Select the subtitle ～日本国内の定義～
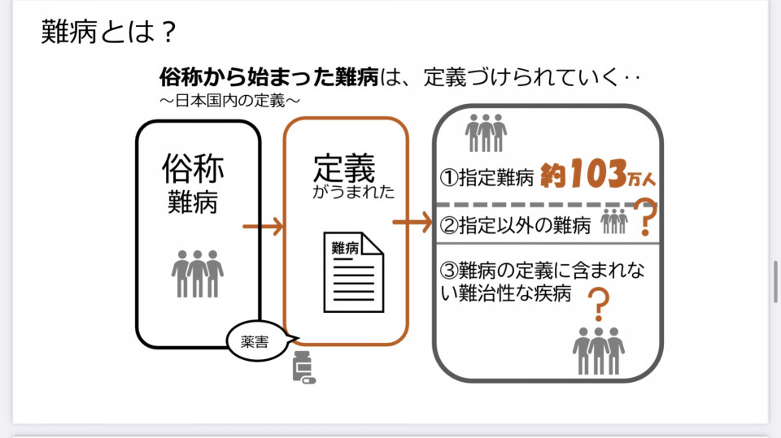click(x=230, y=100)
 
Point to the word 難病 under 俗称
click(x=193, y=201)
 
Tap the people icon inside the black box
click(x=197, y=273)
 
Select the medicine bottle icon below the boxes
click(x=303, y=368)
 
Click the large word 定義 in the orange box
click(x=344, y=168)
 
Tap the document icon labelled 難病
click(x=355, y=271)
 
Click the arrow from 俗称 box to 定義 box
click(x=264, y=226)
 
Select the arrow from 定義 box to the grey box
click(x=412, y=222)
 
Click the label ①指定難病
click(x=486, y=176)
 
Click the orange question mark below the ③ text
click(x=598, y=306)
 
